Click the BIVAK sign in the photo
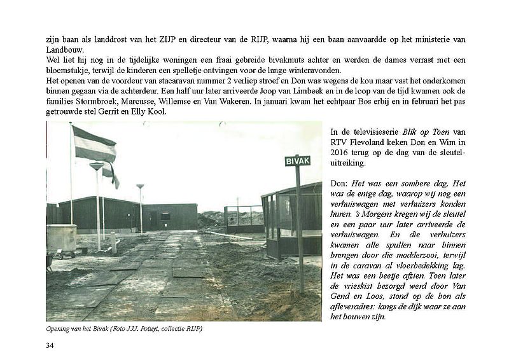297,161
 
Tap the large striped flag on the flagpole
94,144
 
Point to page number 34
50,345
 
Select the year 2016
342,153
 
